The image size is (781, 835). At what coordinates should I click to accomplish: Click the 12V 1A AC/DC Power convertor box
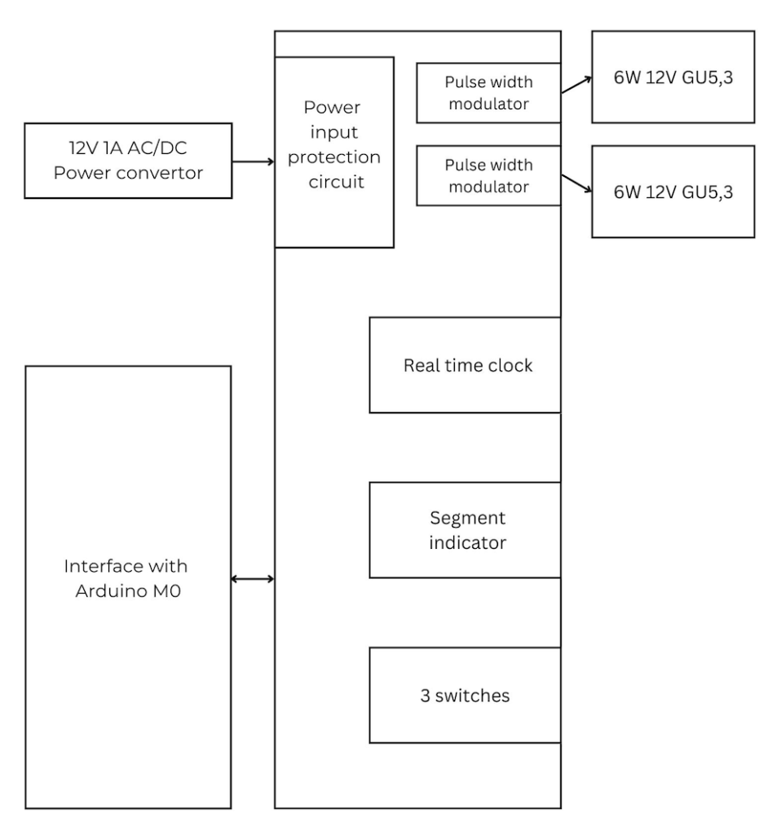coord(128,161)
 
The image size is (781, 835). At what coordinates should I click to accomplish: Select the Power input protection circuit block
coord(334,152)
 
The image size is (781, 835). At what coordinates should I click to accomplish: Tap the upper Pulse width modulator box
coord(488,92)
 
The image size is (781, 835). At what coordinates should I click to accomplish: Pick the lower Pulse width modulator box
coord(488,175)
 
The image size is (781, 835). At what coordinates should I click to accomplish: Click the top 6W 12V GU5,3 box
coord(673,77)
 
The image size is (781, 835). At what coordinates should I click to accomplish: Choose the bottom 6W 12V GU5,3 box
coord(673,192)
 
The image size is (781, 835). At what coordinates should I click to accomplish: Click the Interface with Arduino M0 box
coord(128,587)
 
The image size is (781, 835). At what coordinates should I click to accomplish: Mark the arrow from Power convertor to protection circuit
coord(254,161)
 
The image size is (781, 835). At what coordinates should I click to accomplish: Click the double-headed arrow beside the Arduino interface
coord(253,579)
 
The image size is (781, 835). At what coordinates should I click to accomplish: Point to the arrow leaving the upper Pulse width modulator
coord(576,86)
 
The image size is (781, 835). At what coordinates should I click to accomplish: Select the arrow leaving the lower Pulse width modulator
coord(576,185)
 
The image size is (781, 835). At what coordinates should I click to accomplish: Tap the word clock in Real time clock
coord(510,365)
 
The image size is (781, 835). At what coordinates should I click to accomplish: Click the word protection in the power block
coord(334,157)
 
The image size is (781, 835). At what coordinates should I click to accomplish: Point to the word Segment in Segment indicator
coord(467,518)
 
